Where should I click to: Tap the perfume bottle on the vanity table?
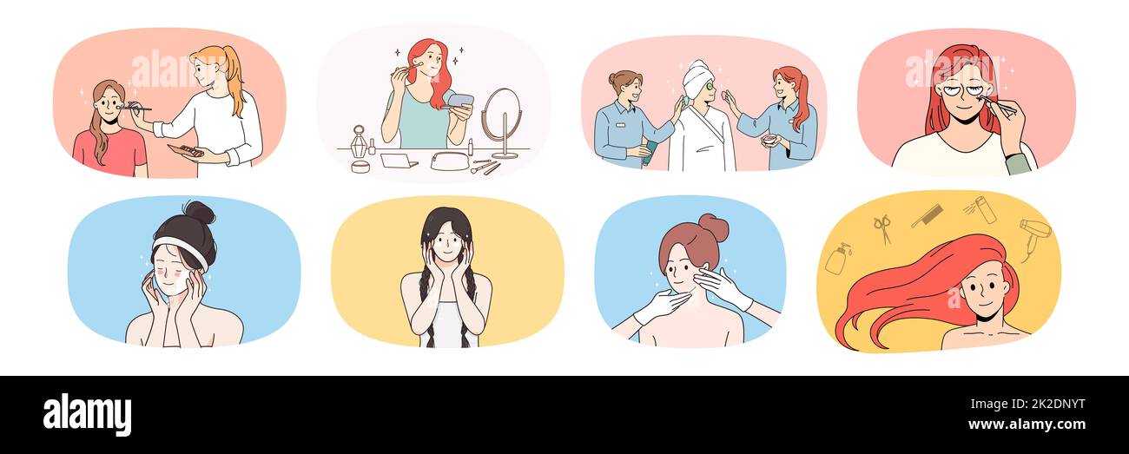[359, 144]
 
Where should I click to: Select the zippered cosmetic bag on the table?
[449, 161]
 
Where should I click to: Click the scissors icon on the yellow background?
[882, 229]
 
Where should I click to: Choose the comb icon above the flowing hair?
[926, 215]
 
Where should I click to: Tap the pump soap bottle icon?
[837, 259]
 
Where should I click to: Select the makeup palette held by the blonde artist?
[186, 151]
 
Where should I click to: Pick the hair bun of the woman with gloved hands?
[714, 227]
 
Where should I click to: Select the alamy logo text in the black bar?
[87, 414]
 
